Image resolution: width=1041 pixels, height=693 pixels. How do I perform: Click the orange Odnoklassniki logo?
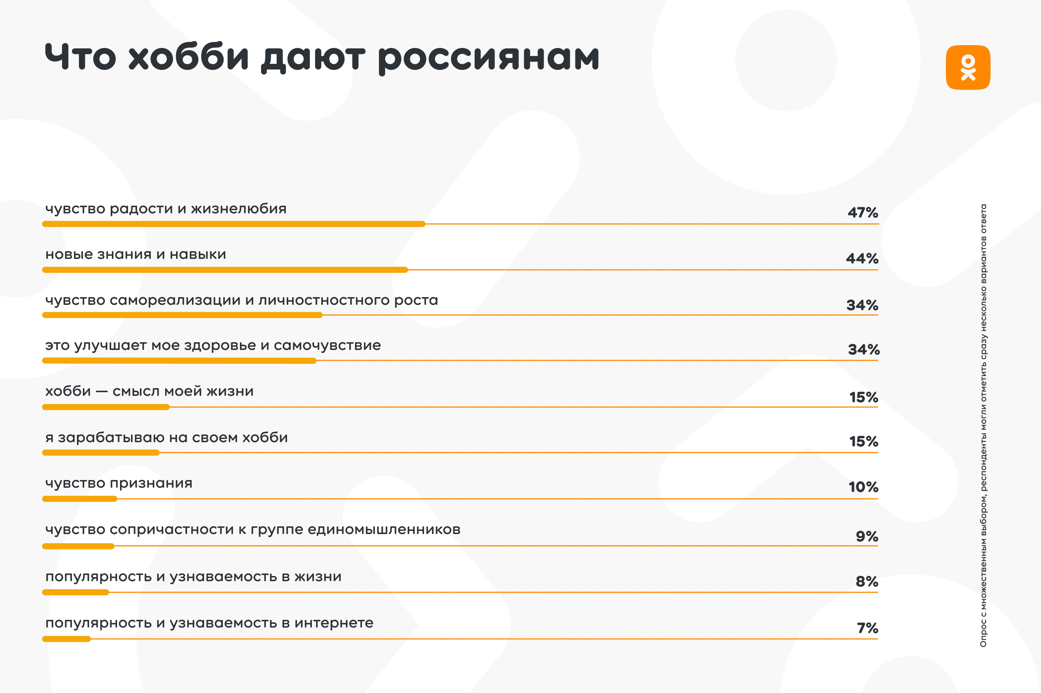coord(968,67)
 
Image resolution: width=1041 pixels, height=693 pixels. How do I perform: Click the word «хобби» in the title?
coord(188,57)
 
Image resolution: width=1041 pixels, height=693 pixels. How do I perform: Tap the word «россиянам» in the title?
coord(488,58)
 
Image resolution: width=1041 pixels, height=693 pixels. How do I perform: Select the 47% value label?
coord(862,213)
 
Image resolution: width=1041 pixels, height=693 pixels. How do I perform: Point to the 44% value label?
coord(862,259)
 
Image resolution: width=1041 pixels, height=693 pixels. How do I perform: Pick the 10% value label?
coord(863,487)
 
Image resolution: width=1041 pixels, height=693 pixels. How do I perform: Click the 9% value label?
coord(867,537)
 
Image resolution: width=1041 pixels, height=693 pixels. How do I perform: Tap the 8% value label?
coord(867,582)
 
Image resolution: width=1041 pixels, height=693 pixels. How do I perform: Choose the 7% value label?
coord(867,628)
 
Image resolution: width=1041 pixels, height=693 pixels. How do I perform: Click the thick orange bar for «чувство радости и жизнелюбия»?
coord(233,224)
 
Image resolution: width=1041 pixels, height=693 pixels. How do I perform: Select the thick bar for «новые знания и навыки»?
coord(224,269)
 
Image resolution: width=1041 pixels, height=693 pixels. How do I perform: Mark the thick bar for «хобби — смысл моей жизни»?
coord(106,407)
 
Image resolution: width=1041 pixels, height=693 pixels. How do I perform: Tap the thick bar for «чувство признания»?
coord(80,499)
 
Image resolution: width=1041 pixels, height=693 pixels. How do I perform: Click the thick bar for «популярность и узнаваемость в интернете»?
coord(66,639)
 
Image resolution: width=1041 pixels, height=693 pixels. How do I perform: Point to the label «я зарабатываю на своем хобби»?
coord(166,437)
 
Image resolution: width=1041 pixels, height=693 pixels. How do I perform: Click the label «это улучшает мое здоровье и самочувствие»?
coord(213,345)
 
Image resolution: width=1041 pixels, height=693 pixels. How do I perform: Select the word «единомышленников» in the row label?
coord(384,530)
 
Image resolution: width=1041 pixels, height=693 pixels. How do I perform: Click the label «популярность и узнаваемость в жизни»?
coord(193,577)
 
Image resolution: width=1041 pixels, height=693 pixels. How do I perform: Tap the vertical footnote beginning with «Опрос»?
coord(983,425)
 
